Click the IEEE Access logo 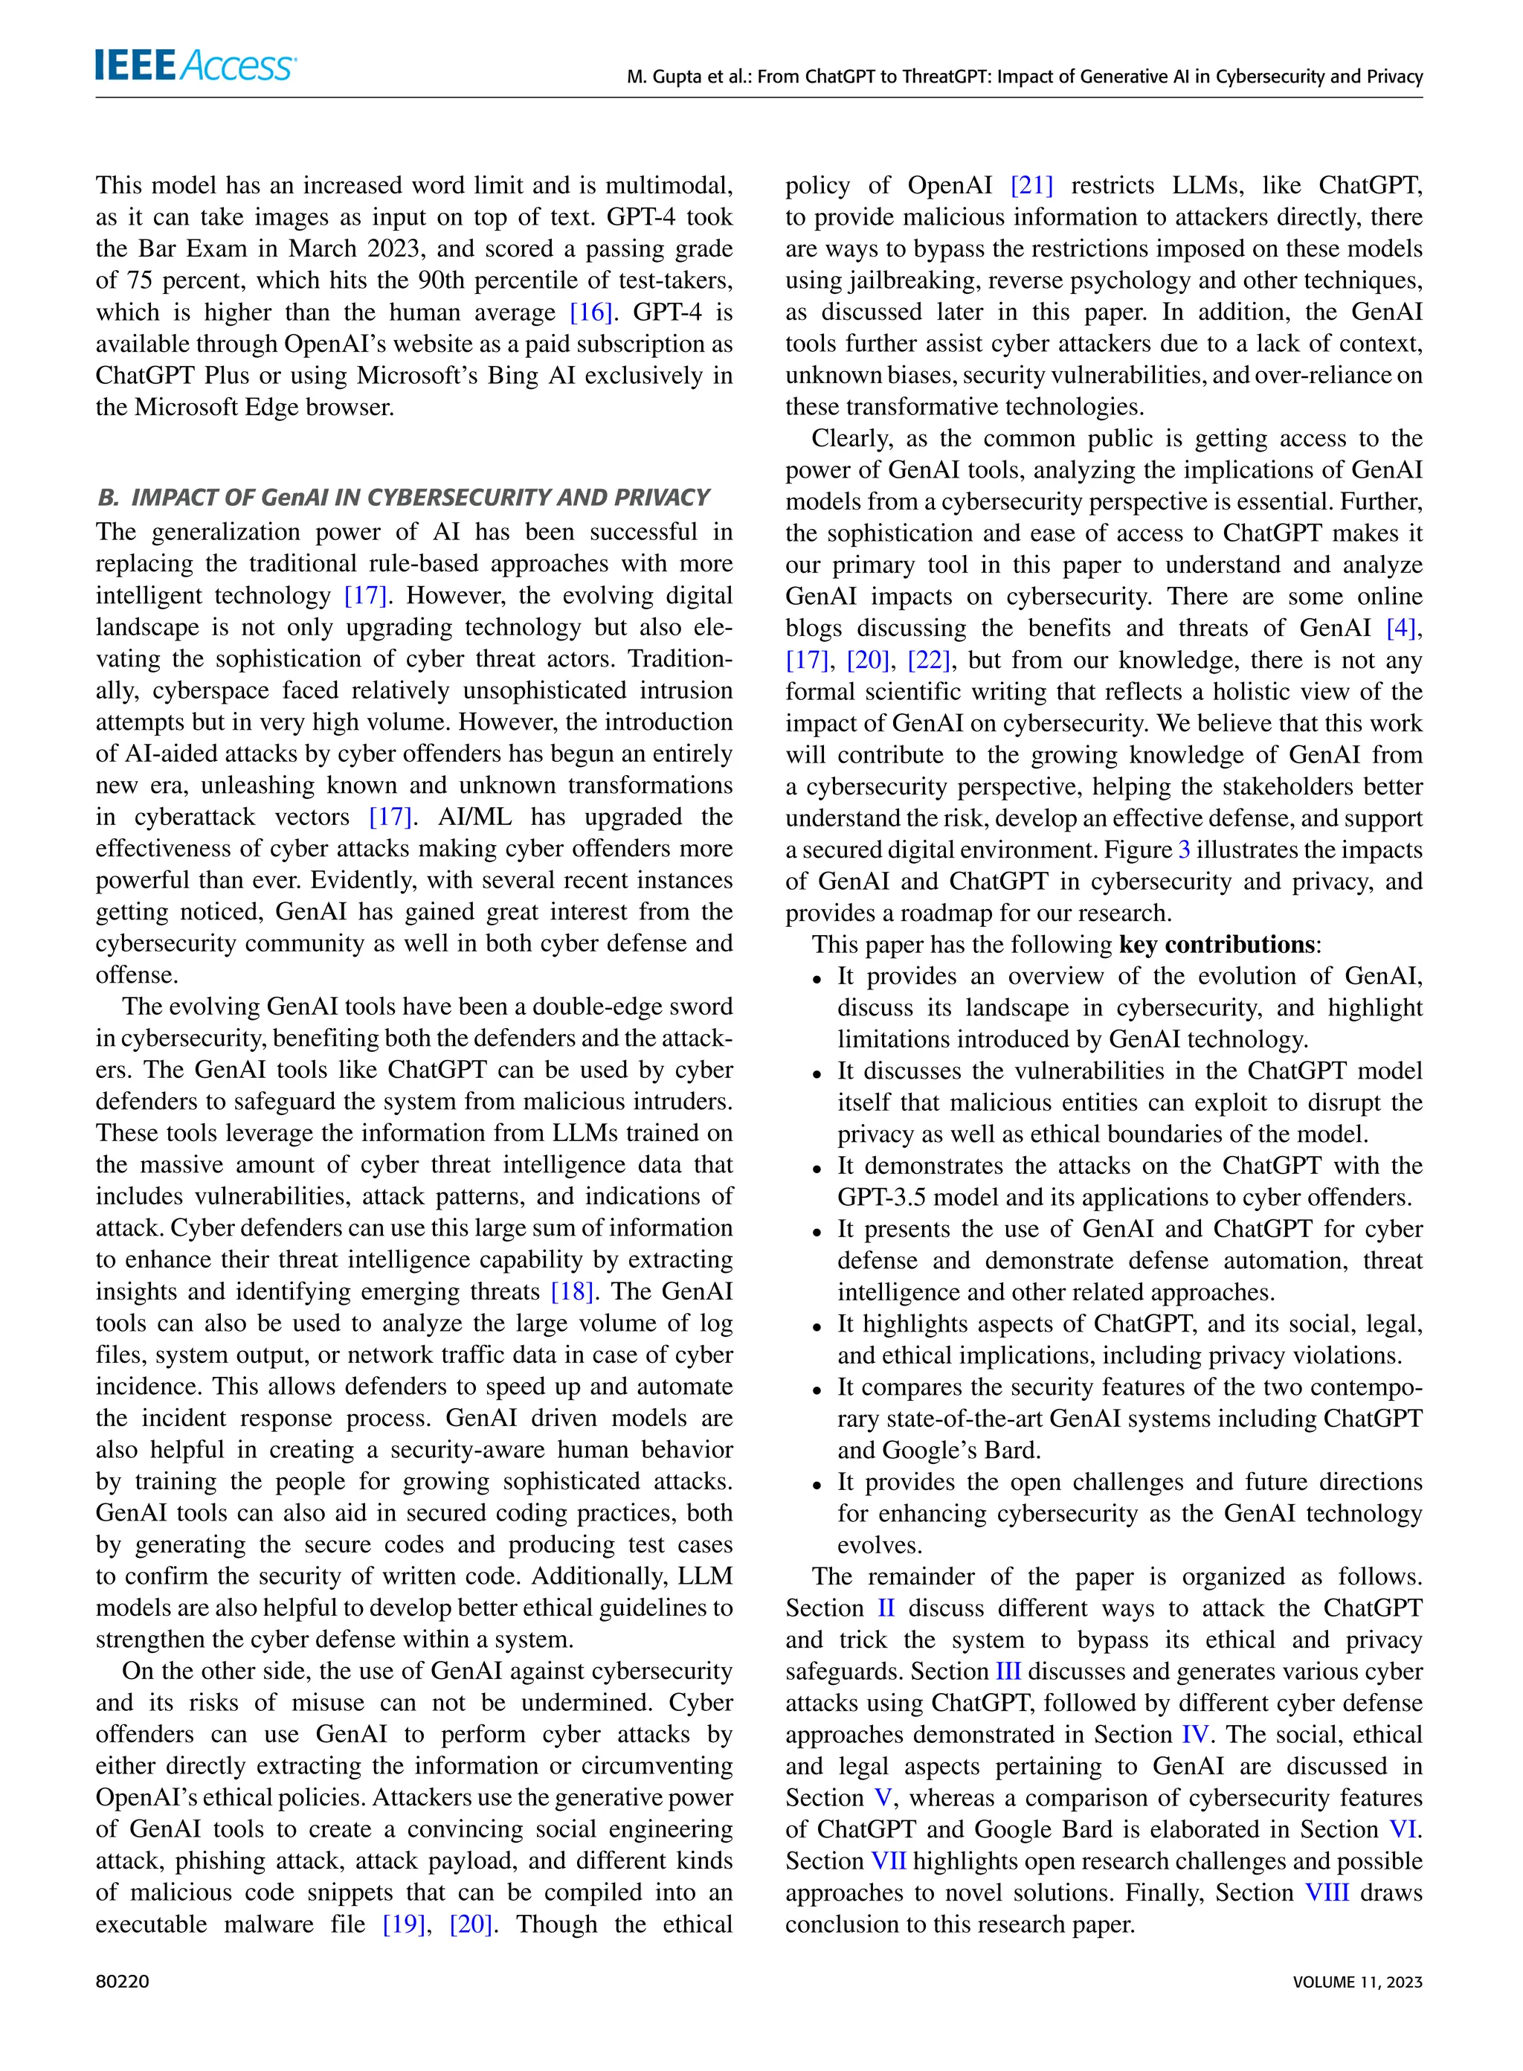pyautogui.click(x=195, y=65)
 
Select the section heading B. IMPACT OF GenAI pyautogui.click(x=403, y=498)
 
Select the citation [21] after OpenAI pyautogui.click(x=1031, y=185)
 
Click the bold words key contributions pyautogui.click(x=1217, y=945)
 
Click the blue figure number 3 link pyautogui.click(x=1185, y=850)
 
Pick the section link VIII pyautogui.click(x=1327, y=1892)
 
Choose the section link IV pyautogui.click(x=1195, y=1735)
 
